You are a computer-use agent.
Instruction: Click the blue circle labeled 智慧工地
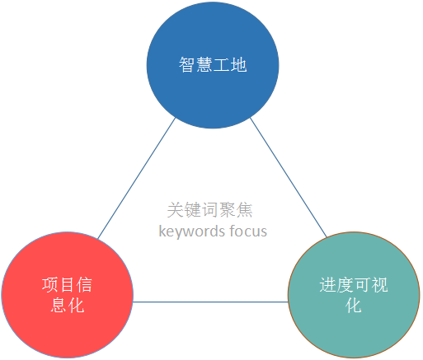tap(213, 65)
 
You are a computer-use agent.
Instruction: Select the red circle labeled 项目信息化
tap(68, 295)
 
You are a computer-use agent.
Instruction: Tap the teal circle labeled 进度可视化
tap(354, 295)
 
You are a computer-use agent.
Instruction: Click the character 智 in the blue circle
tap(187, 65)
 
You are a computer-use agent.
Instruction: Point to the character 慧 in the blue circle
tap(204, 65)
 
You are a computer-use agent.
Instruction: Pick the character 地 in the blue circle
tap(238, 65)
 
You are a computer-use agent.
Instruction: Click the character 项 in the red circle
tap(50, 285)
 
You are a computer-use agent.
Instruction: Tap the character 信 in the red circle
tap(84, 285)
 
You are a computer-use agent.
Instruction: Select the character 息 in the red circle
tap(59, 305)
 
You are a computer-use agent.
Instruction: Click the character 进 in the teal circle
tap(327, 285)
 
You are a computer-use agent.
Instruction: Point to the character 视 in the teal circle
tap(379, 285)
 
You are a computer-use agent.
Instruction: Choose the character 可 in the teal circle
tap(362, 285)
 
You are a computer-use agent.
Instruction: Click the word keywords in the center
tap(192, 231)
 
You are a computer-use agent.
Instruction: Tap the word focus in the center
tap(248, 231)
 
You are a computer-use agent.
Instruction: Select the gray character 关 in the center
tap(176, 210)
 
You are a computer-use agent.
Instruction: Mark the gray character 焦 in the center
tap(244, 210)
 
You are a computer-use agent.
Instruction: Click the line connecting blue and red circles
tap(137, 178)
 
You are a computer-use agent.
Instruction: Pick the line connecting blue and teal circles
tap(289, 177)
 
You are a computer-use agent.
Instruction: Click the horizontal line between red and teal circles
tap(210, 302)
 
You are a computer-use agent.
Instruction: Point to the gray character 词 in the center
tap(209, 210)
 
